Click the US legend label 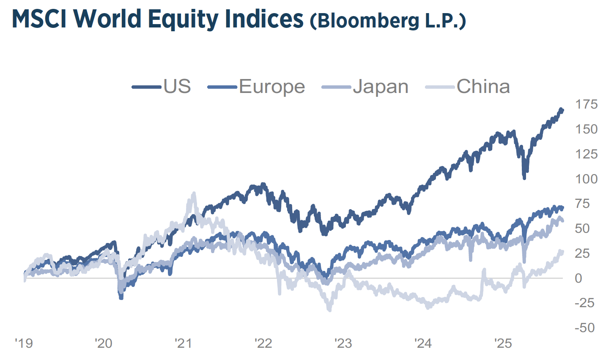(177, 87)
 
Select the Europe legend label (272, 87)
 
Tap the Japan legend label (381, 87)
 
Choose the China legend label (483, 87)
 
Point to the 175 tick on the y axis (586, 104)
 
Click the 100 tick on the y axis (586, 179)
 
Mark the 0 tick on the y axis (578, 278)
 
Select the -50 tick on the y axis (584, 328)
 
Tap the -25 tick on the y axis (584, 303)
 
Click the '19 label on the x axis (24, 343)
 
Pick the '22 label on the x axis (263, 343)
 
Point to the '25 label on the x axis (503, 343)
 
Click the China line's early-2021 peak (194, 194)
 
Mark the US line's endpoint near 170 (562, 110)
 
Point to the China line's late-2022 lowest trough (329, 310)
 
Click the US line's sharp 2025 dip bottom (524, 178)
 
